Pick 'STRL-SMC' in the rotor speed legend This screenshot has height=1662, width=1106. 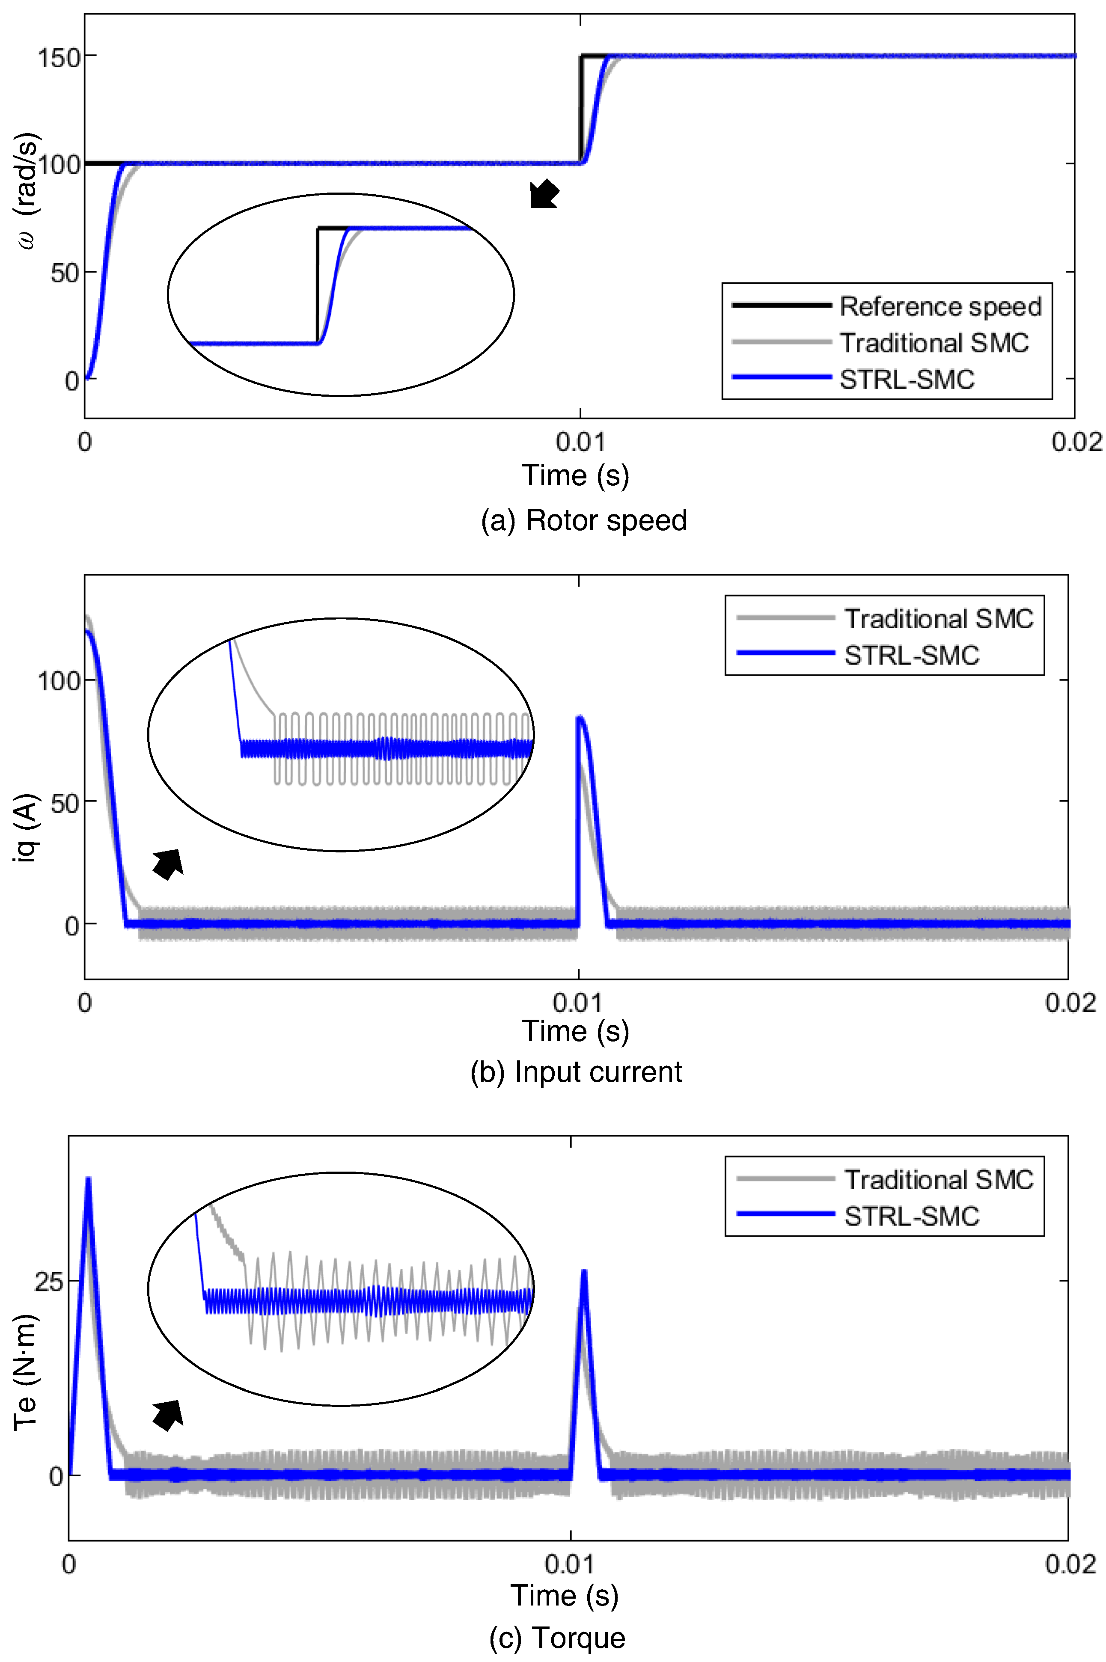(x=907, y=380)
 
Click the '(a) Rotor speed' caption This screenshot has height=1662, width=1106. (x=583, y=520)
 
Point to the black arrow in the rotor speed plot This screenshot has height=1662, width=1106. (x=544, y=194)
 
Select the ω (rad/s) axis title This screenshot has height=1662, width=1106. (x=28, y=190)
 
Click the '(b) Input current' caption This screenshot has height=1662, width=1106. (x=576, y=1072)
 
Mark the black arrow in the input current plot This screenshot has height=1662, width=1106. (x=168, y=864)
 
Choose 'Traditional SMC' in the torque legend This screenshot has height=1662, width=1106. (x=938, y=1180)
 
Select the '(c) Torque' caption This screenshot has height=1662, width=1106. (x=557, y=1637)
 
